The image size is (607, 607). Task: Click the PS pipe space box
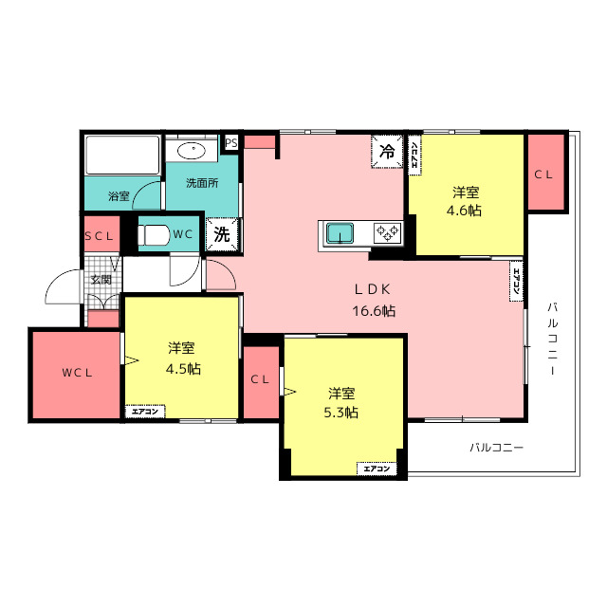click(x=231, y=143)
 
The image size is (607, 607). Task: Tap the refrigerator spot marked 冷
click(x=387, y=152)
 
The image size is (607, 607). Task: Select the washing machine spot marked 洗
click(x=222, y=234)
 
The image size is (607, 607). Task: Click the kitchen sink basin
click(x=340, y=233)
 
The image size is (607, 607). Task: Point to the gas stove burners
click(x=387, y=233)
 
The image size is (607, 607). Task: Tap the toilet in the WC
click(x=154, y=234)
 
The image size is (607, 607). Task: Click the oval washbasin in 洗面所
click(x=192, y=150)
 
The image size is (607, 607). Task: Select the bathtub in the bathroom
click(x=122, y=155)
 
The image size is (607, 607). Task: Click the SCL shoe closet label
click(x=99, y=236)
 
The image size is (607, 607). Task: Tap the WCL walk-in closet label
click(x=77, y=373)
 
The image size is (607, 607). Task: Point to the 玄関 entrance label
click(x=101, y=280)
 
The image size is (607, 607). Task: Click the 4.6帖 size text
click(x=464, y=211)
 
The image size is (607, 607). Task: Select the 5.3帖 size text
click(x=341, y=413)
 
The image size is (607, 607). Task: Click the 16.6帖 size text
click(x=374, y=311)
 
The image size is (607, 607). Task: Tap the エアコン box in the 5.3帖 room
click(x=377, y=469)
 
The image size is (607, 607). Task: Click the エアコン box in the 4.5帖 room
click(x=145, y=412)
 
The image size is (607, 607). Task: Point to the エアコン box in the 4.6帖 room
click(x=414, y=155)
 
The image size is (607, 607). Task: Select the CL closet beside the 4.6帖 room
click(x=546, y=173)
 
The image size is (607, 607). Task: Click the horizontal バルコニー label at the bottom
click(x=497, y=448)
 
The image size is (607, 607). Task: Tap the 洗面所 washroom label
click(x=202, y=183)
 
